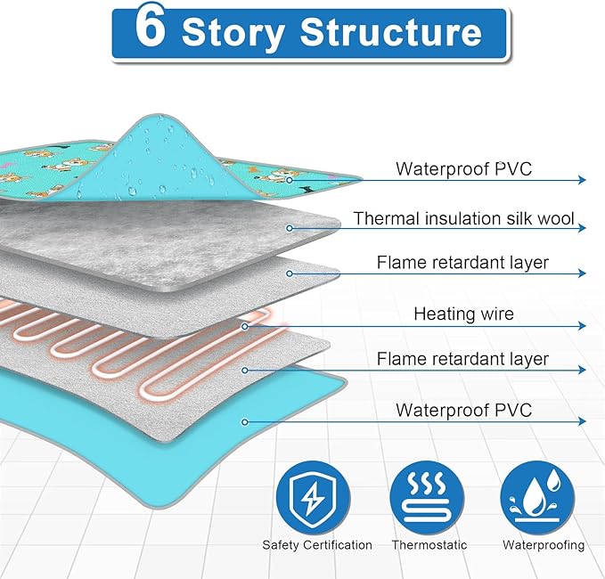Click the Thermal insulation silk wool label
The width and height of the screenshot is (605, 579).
[463, 218]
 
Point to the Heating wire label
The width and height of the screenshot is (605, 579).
[463, 314]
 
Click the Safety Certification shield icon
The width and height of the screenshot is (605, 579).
[316, 497]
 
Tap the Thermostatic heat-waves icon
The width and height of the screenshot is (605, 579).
[429, 497]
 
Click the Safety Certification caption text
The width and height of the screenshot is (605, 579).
[316, 544]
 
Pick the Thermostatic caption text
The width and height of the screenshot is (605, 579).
[429, 544]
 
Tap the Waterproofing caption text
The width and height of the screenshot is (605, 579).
[544, 544]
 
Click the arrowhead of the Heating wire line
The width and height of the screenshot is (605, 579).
[582, 325]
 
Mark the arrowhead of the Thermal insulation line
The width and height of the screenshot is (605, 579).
[582, 228]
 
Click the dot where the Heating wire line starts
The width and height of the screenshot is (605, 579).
[244, 325]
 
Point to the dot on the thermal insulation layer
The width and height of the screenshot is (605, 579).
[289, 228]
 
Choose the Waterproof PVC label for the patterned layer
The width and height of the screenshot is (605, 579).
[463, 168]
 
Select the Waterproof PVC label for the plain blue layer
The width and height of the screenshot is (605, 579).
[463, 410]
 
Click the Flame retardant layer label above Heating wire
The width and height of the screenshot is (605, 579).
[463, 263]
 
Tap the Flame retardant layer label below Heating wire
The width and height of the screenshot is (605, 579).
[463, 360]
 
